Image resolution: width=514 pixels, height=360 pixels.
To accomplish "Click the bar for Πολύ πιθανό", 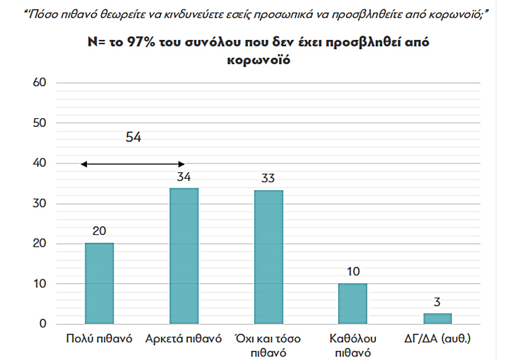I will tap(99, 284).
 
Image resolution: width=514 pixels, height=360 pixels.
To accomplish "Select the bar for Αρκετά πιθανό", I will tap(184, 257).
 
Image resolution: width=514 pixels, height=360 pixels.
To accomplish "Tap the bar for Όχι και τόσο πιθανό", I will tap(268, 257).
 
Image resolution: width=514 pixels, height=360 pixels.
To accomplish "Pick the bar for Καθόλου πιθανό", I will tap(353, 304).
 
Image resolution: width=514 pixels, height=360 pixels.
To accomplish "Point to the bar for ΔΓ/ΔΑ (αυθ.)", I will tap(437, 319).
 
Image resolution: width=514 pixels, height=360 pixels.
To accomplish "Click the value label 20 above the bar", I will tap(99, 231).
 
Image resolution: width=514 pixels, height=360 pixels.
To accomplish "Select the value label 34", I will tap(184, 177).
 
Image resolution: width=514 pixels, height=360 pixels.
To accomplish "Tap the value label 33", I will tap(268, 178).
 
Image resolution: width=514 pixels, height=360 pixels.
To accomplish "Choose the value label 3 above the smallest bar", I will tap(437, 302).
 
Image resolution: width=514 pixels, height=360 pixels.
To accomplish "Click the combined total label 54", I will tap(132, 138).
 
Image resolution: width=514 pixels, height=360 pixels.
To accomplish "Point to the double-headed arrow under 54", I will tap(132, 165).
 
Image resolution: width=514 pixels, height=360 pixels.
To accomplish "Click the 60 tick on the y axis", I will tap(39, 83).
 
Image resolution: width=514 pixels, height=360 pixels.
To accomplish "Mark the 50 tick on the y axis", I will tap(39, 123).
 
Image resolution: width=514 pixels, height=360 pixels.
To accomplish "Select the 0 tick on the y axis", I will tap(43, 324).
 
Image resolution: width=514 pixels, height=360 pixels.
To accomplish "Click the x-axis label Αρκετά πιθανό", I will tap(183, 339).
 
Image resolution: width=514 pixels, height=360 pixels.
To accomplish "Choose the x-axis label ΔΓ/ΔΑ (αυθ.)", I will tap(437, 339).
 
